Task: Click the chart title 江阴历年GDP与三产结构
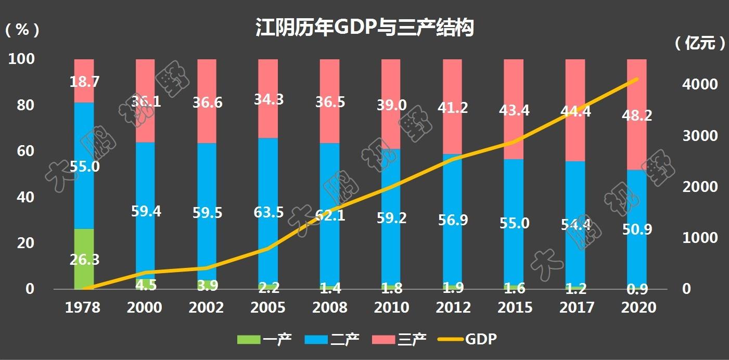[x=364, y=28]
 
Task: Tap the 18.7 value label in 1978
[x=84, y=82]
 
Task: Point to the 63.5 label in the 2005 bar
[x=268, y=213]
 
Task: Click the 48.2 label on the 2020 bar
[x=636, y=115]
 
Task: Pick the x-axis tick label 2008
[x=329, y=307]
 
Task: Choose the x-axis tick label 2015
[x=515, y=307]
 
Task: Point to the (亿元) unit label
[x=700, y=44]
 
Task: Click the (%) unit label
[x=22, y=30]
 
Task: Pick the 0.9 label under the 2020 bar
[x=636, y=288]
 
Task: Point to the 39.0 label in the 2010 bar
[x=391, y=106]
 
